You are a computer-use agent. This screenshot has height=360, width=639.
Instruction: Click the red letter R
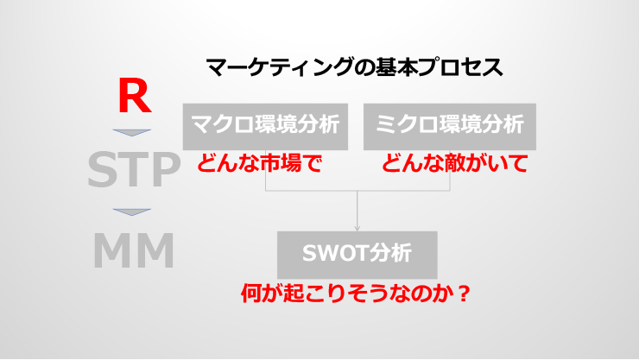[135, 97]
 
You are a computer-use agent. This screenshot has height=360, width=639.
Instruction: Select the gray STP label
[134, 169]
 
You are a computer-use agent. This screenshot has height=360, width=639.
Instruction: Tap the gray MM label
[134, 250]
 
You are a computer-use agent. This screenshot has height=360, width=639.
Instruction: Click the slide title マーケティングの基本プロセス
[355, 67]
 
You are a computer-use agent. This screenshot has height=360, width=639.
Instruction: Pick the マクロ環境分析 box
[265, 127]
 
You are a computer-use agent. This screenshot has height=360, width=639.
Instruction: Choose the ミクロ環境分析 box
[450, 127]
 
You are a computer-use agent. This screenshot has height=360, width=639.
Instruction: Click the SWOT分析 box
[357, 255]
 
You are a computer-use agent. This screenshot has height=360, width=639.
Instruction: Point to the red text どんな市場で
[260, 163]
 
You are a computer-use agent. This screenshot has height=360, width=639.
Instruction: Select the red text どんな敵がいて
[455, 163]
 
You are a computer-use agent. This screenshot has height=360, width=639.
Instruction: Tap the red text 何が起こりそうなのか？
[356, 294]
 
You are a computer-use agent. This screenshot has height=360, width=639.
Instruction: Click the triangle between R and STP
[131, 132]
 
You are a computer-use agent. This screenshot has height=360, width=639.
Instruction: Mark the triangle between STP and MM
[131, 212]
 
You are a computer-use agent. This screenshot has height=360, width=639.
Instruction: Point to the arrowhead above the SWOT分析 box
[357, 228]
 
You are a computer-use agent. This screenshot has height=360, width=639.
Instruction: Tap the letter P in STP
[167, 169]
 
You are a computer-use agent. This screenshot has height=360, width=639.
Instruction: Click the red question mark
[464, 294]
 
